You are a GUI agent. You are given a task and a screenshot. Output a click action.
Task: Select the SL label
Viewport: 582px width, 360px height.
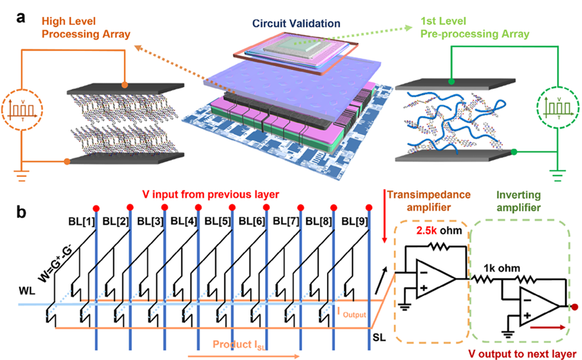tap(379, 335)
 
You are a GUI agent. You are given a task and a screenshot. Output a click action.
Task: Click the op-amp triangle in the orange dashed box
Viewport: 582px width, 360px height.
tap(434, 276)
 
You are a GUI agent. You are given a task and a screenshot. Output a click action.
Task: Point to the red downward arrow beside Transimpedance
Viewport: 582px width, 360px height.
tap(384, 223)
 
